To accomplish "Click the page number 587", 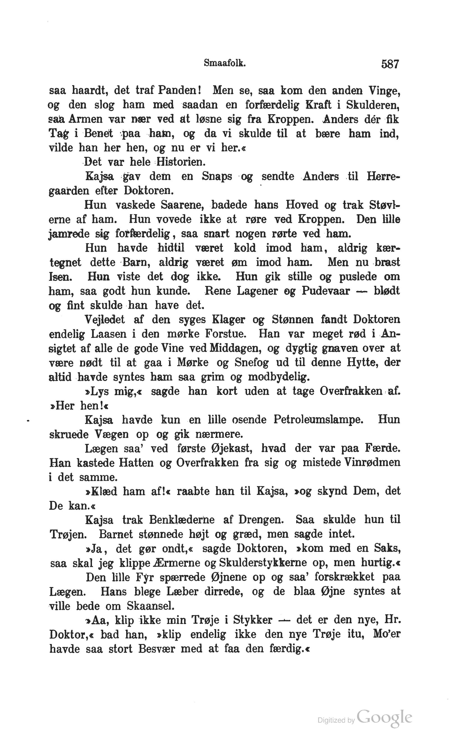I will [x=390, y=64].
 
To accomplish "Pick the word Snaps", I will [x=217, y=177].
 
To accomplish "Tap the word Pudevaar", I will [x=325, y=291].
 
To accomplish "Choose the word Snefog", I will [x=251, y=363].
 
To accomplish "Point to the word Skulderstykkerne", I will [x=262, y=563].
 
